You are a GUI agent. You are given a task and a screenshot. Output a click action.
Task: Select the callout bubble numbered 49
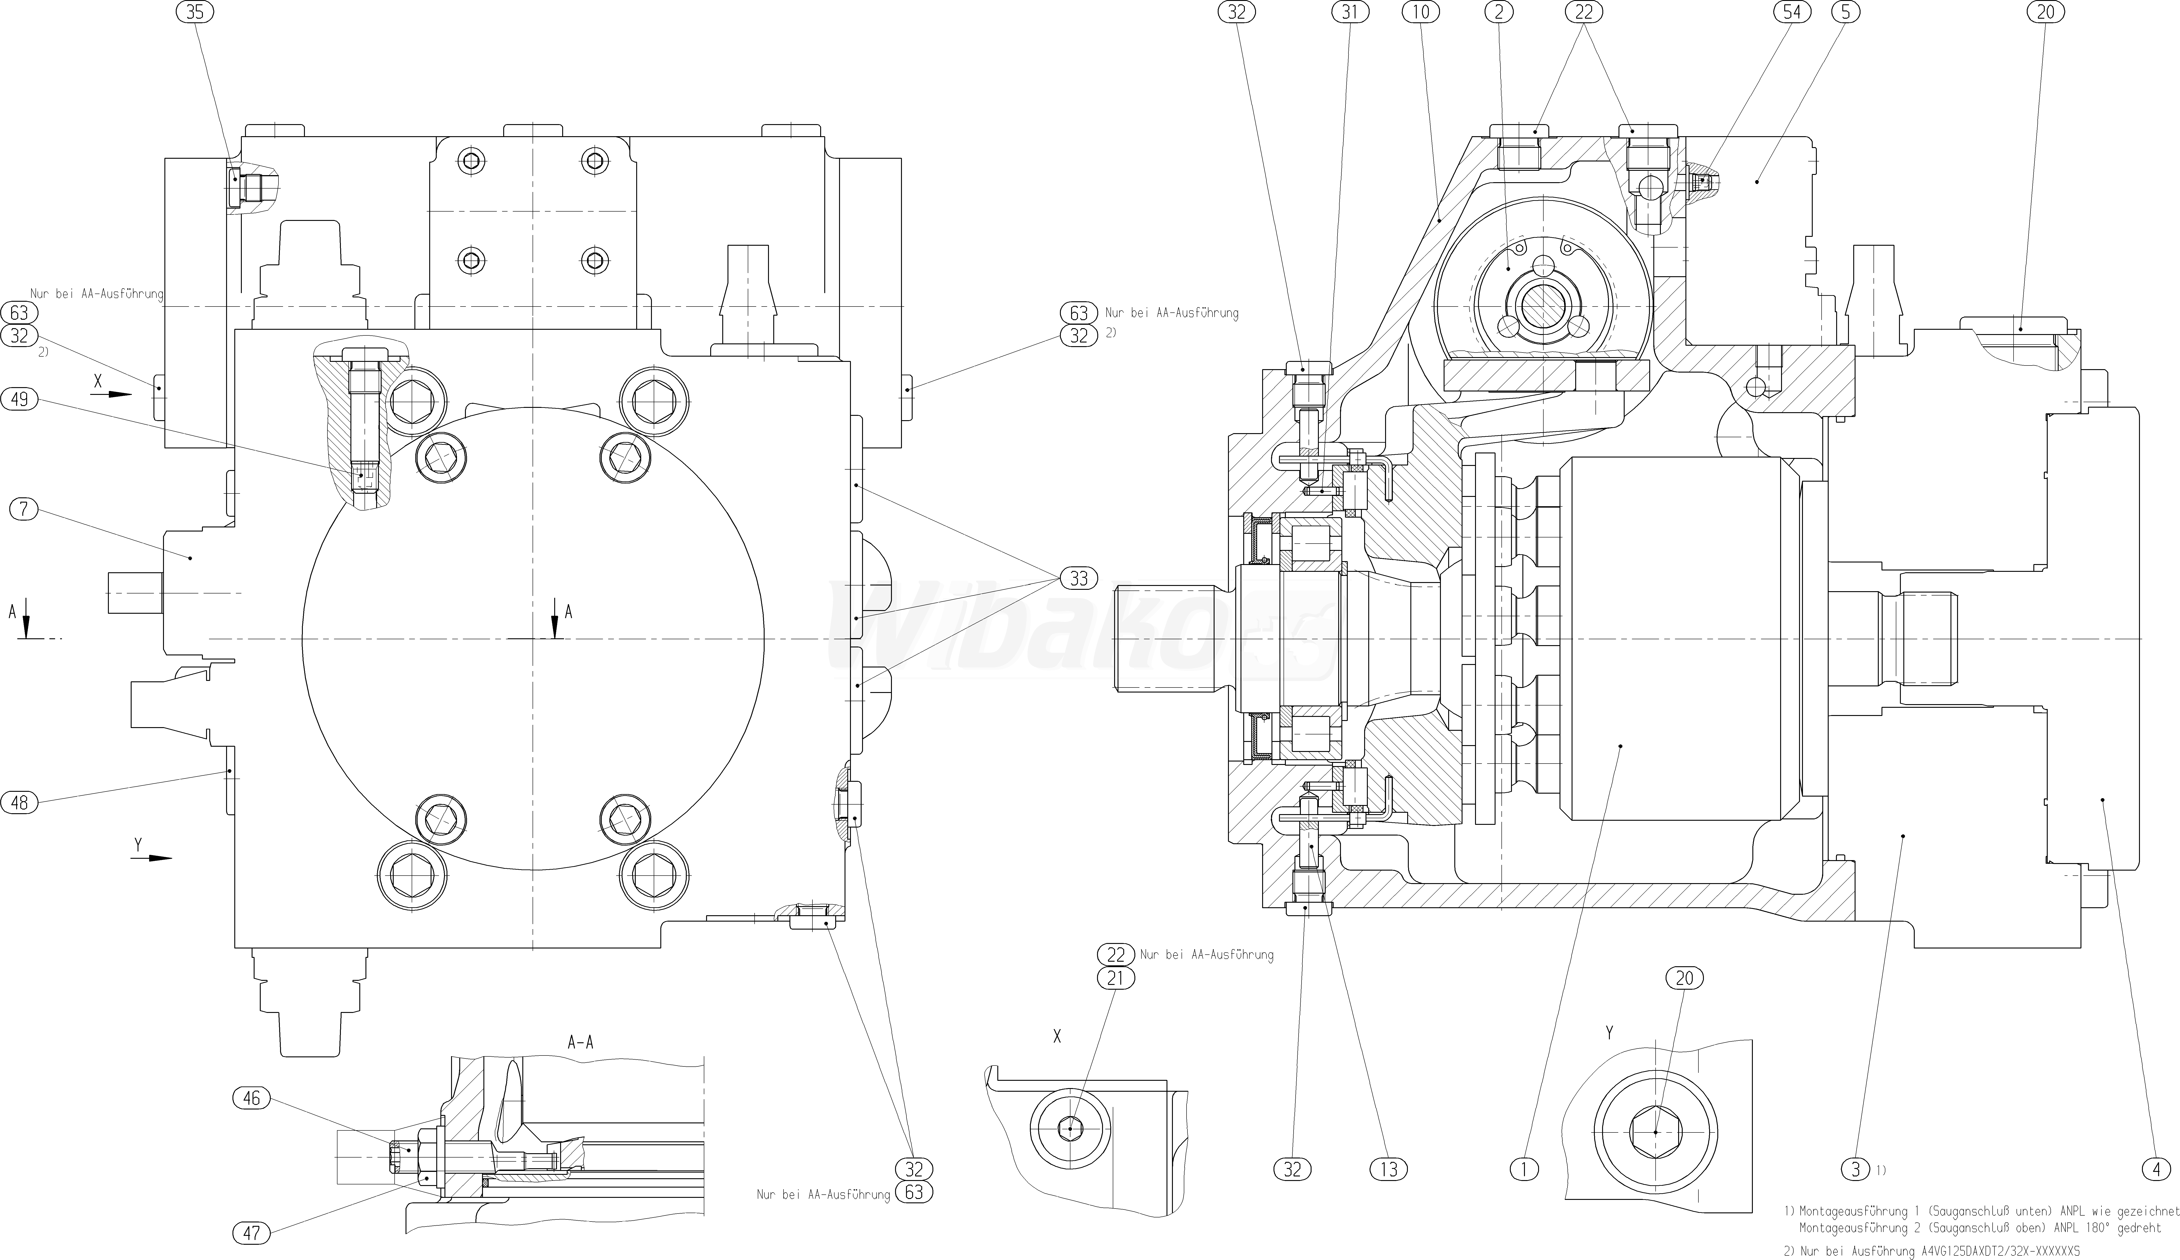[x=20, y=399]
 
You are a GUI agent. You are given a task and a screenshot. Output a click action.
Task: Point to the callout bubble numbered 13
[x=1389, y=1170]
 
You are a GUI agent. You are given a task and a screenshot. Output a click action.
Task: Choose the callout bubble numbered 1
[x=1524, y=1170]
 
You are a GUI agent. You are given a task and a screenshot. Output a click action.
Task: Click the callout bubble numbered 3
[x=1856, y=1170]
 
